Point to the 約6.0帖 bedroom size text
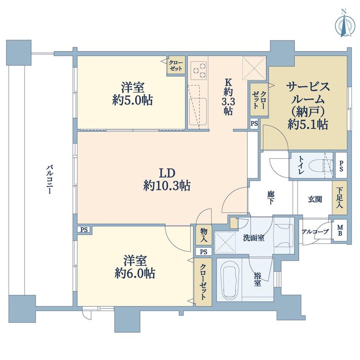coord(135,272)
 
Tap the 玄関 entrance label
coord(315,200)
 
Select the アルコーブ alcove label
coord(315,232)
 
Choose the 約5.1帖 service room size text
coord(308,124)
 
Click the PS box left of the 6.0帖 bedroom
coord(84,230)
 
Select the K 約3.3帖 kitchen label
coord(228,97)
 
